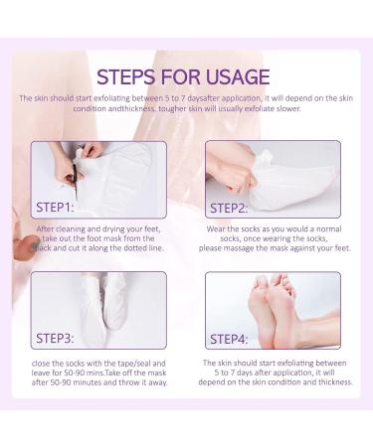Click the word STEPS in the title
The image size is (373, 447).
(x=126, y=77)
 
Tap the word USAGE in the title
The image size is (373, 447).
(x=238, y=77)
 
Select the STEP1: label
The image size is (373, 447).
(x=55, y=208)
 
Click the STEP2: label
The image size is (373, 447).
(x=229, y=209)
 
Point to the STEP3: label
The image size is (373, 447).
(x=55, y=339)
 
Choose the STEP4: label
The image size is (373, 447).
(x=229, y=339)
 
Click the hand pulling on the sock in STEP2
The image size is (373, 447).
(x=232, y=172)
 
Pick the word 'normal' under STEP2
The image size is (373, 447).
(x=328, y=228)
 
